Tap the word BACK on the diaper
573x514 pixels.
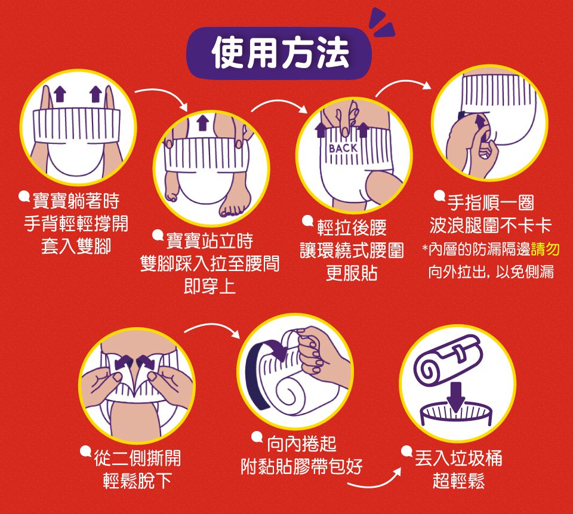[x=343, y=148]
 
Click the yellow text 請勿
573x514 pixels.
[x=545, y=250]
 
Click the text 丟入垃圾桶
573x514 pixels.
[x=459, y=458]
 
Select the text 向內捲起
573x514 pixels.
[x=302, y=444]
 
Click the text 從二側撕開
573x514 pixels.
[x=137, y=458]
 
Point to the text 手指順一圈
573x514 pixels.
[x=491, y=202]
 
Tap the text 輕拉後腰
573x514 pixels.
[x=352, y=228]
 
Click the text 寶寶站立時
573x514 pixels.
[x=210, y=241]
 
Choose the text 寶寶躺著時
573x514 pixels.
[x=76, y=201]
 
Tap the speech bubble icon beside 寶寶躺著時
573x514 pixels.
[x=24, y=196]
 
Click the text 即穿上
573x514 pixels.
[x=210, y=286]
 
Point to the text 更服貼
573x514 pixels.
[x=352, y=273]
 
